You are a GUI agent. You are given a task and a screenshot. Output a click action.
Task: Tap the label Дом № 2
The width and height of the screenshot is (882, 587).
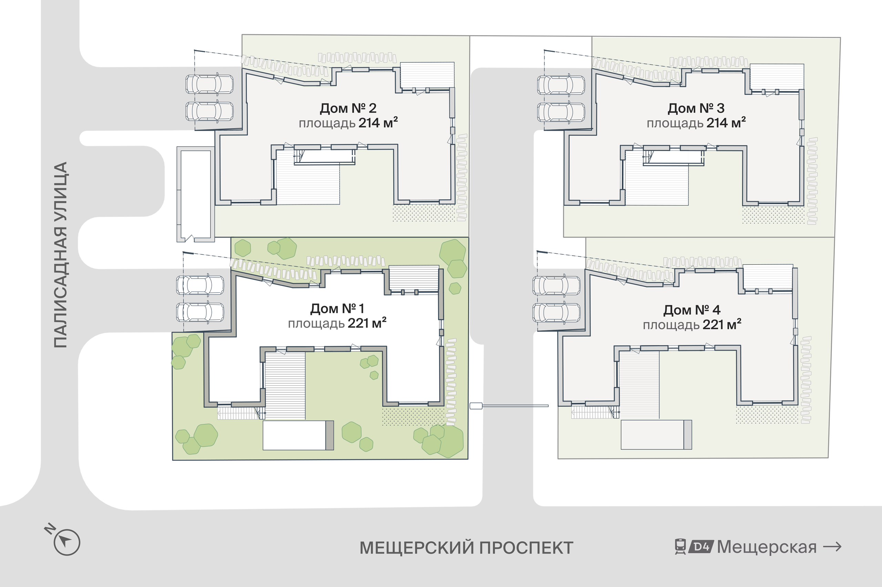[x=348, y=108]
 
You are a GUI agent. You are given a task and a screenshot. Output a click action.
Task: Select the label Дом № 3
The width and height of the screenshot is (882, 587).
[x=696, y=108]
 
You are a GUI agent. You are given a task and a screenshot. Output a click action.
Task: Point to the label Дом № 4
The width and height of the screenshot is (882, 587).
[x=692, y=310]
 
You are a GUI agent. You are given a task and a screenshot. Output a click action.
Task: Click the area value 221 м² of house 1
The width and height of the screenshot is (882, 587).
[x=367, y=323]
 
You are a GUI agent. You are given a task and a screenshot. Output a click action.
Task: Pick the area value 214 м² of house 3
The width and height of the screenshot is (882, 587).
[x=726, y=122]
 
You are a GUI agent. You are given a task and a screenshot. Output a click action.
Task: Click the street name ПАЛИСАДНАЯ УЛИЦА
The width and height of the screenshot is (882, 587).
[x=60, y=255]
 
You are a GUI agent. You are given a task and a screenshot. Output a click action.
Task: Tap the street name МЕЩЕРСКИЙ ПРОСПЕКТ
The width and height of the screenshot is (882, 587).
[x=466, y=548]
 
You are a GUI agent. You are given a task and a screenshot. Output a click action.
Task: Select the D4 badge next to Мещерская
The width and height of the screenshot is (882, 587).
[x=701, y=547]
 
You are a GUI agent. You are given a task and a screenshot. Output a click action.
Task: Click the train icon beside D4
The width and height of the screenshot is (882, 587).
[x=681, y=547]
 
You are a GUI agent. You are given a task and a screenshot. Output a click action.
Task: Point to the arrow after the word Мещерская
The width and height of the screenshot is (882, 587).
[x=832, y=547]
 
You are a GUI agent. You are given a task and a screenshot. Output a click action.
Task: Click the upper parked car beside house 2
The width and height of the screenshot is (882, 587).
[x=209, y=84]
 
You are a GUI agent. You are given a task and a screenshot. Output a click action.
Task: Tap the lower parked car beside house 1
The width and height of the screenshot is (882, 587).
[x=200, y=312]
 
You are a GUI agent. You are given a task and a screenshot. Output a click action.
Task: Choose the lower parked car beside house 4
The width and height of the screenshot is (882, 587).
[x=557, y=313]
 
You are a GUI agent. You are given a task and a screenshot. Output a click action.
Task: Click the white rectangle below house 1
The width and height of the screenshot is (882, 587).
[x=294, y=435]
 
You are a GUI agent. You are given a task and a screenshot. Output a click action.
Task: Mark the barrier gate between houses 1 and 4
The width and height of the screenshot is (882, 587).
[x=509, y=406]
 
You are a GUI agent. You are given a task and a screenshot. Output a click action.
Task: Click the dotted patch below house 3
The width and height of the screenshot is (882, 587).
[x=773, y=215]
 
